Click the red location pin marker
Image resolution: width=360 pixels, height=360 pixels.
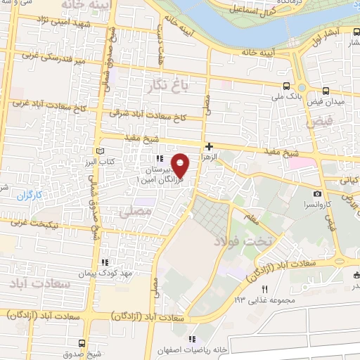(181, 165)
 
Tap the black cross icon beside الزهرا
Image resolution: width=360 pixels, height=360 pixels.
(208, 147)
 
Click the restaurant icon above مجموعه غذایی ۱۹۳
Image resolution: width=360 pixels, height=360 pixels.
(264, 289)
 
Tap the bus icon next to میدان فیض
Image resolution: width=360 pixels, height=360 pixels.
(326, 91)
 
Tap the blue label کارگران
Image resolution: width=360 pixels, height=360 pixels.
(30, 198)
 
